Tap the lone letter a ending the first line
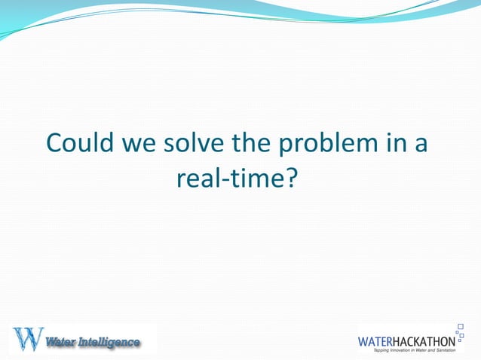[x=421, y=144]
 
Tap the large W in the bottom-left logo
[x=27, y=339]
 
